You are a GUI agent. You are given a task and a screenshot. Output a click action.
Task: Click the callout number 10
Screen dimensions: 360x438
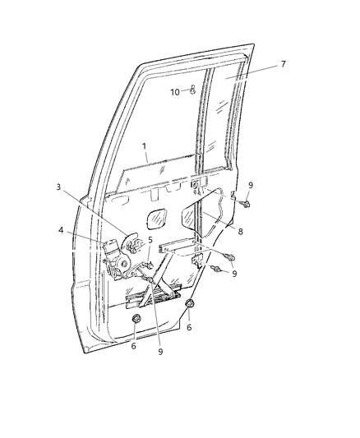pos(175,92)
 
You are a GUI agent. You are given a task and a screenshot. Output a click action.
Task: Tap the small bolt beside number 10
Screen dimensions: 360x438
pos(192,90)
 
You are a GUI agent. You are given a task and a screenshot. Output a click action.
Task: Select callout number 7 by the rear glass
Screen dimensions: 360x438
pos(284,64)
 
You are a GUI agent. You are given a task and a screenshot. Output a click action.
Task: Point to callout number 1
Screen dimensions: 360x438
pos(144,145)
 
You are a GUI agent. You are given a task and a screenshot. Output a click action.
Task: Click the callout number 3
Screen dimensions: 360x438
pos(58,187)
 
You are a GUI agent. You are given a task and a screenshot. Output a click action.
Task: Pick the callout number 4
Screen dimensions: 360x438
pos(61,230)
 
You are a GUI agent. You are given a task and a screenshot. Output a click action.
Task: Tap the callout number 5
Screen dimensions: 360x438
pos(150,240)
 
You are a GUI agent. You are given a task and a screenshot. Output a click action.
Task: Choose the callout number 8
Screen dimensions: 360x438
pos(240,231)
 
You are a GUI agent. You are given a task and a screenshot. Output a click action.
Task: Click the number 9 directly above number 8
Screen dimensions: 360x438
pos(251,185)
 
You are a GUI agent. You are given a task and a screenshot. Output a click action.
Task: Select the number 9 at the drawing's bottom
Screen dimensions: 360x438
pos(160,352)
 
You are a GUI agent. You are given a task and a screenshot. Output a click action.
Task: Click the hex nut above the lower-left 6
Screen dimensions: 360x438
pos(136,319)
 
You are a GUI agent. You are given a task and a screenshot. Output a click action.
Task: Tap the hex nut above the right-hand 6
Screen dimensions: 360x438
pos(190,303)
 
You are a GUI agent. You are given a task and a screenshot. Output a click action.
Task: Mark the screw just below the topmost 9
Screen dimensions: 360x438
pos(246,204)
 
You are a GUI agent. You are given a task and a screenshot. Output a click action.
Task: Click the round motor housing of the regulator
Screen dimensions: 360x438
pos(123,263)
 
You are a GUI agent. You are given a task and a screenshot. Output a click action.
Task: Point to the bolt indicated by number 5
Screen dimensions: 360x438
pos(150,265)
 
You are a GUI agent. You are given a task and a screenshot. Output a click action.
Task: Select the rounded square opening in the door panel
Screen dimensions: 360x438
pos(156,219)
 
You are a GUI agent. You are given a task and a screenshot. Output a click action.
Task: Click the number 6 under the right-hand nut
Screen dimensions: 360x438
pos(189,327)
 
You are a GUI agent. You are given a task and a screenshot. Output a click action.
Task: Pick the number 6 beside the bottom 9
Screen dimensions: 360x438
pos(133,346)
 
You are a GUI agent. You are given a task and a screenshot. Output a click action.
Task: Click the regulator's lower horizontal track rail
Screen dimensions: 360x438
pos(153,297)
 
